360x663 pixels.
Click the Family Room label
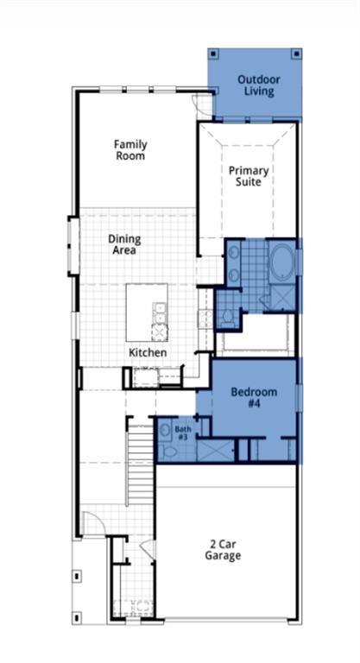pos(130,150)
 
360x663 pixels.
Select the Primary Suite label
pos(249,176)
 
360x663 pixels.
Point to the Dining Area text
pos(124,244)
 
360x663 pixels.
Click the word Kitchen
pos(148,352)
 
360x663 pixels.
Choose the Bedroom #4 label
pos(254,397)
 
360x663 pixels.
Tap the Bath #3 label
pos(182,433)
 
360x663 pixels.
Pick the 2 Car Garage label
pos(223,549)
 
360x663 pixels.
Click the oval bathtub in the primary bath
pos(282,263)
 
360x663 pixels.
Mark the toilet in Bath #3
pos(168,451)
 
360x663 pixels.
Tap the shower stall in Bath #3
pos(216,451)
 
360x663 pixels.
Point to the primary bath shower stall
pos(282,298)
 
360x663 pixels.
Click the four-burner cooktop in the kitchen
pos(206,319)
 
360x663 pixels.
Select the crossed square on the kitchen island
pos(160,332)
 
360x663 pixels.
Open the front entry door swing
pos(94,523)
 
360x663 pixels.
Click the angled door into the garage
pos(148,550)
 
